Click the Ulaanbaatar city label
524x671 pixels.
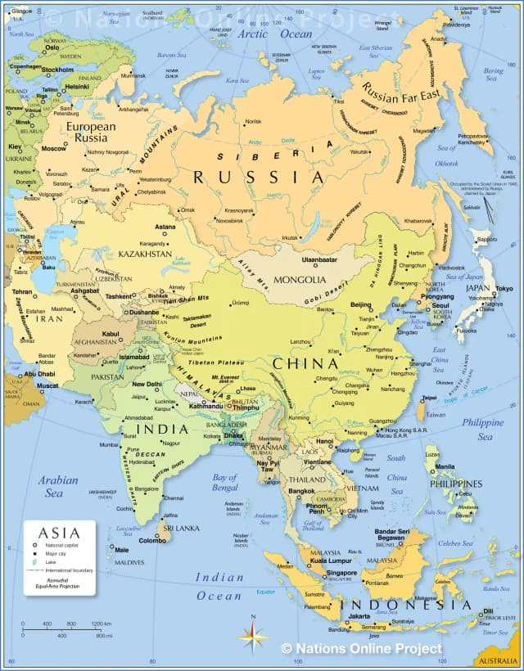[x=319, y=259]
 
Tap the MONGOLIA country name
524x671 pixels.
[x=300, y=280]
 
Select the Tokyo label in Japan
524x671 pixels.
[x=504, y=289]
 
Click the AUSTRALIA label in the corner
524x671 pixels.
[x=497, y=660]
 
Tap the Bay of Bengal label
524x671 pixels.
[x=225, y=483]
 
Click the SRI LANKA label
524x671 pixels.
[x=181, y=529]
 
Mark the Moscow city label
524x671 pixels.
[x=54, y=149]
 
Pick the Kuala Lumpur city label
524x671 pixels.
[x=331, y=561]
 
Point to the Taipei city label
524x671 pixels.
[x=429, y=398]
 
